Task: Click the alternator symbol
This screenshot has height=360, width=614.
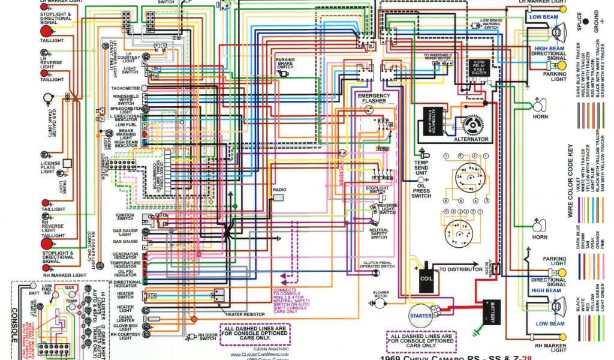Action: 475,125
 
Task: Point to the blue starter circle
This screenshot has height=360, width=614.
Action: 420,316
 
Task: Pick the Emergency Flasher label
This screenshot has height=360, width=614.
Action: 374,98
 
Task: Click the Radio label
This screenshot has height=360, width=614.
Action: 279,190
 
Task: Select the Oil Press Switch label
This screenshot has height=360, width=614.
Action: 422,191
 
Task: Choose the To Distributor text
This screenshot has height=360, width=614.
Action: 460,269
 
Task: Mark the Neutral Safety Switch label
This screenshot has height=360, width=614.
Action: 379,233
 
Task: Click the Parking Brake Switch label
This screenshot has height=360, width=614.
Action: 285,63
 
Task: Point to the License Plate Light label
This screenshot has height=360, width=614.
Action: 48,167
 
